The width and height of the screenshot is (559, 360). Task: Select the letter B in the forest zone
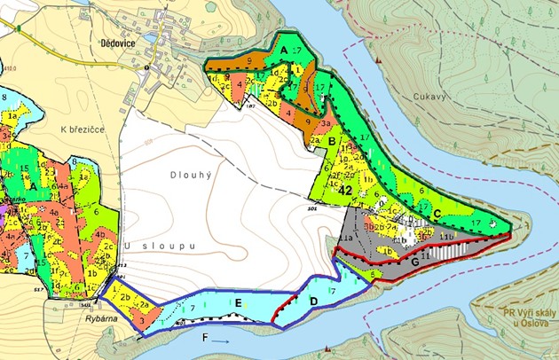pos(332,140)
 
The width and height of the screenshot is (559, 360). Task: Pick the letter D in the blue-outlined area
pos(312,301)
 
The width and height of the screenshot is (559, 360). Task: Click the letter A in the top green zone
pos(283,52)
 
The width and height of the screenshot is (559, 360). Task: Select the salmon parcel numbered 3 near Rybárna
pos(143,321)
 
